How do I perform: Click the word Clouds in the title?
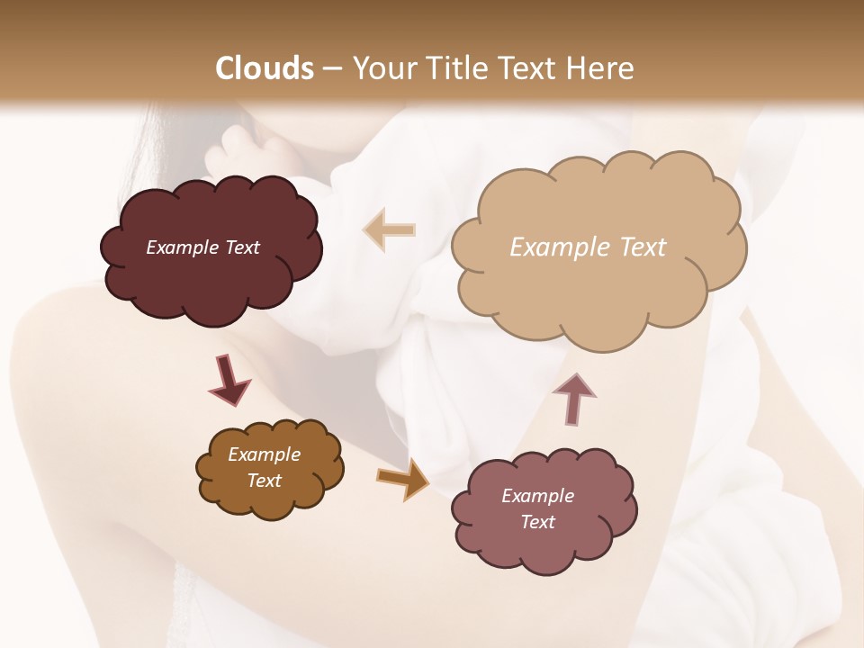[265, 68]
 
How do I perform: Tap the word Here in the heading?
[600, 68]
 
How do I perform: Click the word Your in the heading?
[382, 68]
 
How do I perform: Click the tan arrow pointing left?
[390, 229]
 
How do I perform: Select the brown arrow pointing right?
[403, 479]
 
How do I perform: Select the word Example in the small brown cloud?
[264, 454]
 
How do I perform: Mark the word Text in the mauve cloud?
[537, 522]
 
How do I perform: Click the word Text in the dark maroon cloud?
[241, 247]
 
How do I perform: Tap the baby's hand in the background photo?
[236, 148]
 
